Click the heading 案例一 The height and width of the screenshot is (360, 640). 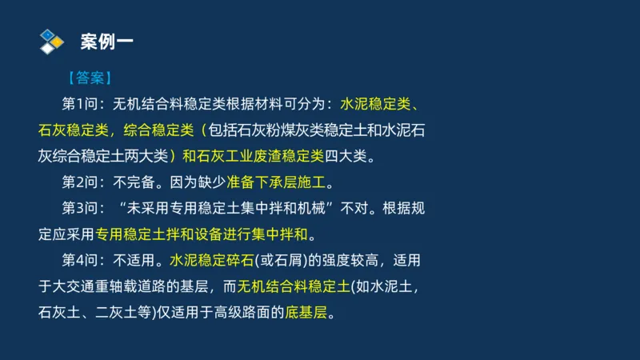coord(107,40)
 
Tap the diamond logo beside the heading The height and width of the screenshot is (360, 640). coord(51,41)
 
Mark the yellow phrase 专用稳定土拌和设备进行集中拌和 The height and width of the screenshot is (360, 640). coord(202,234)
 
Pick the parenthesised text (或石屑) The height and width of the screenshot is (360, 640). coord(272,260)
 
